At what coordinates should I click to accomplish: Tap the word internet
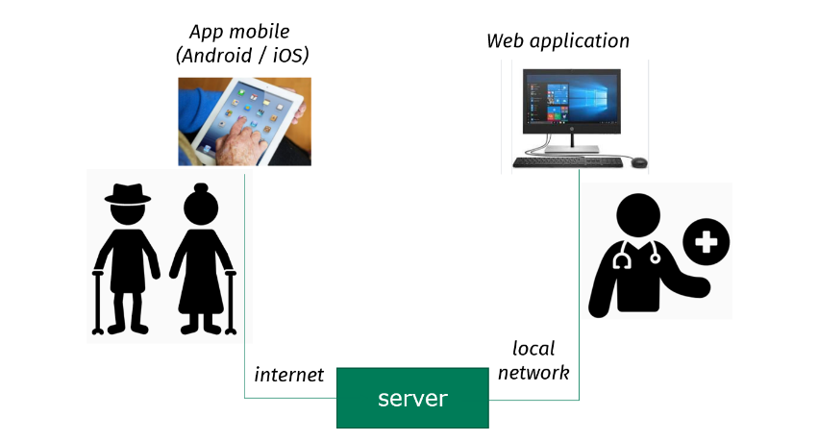click(x=288, y=375)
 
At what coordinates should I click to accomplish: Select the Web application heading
click(x=558, y=40)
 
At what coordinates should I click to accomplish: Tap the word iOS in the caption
click(x=286, y=57)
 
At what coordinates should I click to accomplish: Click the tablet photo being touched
click(x=244, y=121)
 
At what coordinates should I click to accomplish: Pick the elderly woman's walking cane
click(x=230, y=302)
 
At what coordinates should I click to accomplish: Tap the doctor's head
click(x=637, y=217)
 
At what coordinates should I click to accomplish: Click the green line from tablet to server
click(x=245, y=288)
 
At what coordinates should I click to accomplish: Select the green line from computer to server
click(x=579, y=288)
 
